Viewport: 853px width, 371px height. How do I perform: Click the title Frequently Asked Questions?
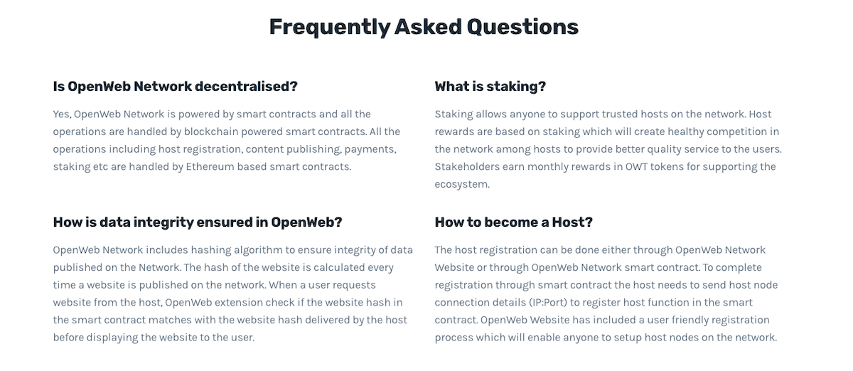424,28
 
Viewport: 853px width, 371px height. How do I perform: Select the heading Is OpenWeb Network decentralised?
175,87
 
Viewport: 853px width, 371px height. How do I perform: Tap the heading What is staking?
490,87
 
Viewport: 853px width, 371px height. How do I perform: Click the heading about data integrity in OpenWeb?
198,222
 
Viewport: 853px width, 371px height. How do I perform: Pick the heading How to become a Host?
514,222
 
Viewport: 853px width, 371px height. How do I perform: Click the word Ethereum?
210,167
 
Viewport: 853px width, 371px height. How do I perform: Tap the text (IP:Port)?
548,303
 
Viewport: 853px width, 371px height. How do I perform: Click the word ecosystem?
462,184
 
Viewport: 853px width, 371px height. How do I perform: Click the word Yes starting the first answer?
62,114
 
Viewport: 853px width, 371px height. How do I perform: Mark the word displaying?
112,338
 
